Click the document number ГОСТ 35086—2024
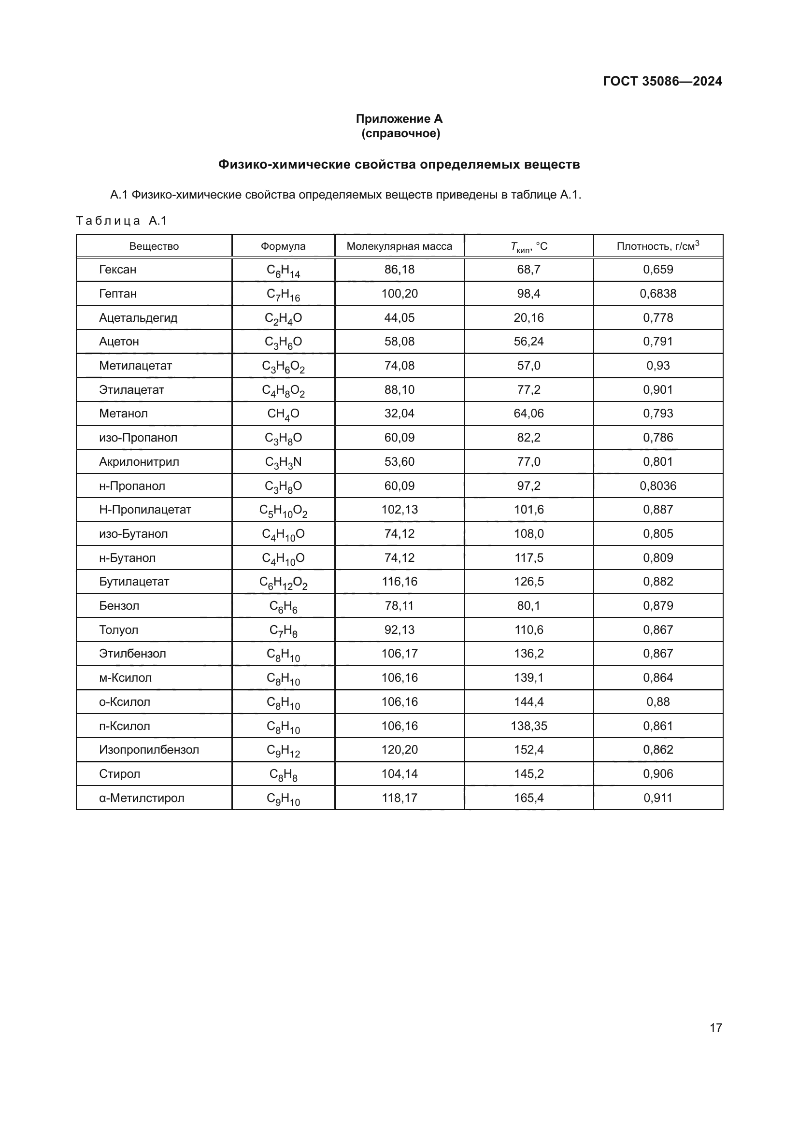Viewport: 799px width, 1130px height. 662,81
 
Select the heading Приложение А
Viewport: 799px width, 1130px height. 399,119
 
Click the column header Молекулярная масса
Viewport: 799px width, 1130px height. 399,246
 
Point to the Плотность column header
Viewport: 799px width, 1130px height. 658,245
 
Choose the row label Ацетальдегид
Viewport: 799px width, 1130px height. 138,318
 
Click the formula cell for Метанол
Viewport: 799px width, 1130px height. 283,414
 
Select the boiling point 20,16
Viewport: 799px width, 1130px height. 528,318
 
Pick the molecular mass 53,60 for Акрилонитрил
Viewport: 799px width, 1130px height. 399,462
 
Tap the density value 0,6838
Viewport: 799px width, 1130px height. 658,294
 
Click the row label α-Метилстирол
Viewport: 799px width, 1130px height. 142,798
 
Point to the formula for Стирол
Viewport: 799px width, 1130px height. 283,774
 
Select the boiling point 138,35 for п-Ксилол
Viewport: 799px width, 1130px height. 528,726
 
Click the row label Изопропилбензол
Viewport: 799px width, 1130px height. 149,750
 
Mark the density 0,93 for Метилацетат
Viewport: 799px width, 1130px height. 658,366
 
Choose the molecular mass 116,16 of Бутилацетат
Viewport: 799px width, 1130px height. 399,582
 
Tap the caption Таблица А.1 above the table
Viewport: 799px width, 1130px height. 122,221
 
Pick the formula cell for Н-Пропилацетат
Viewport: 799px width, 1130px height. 283,510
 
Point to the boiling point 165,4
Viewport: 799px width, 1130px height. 528,798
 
